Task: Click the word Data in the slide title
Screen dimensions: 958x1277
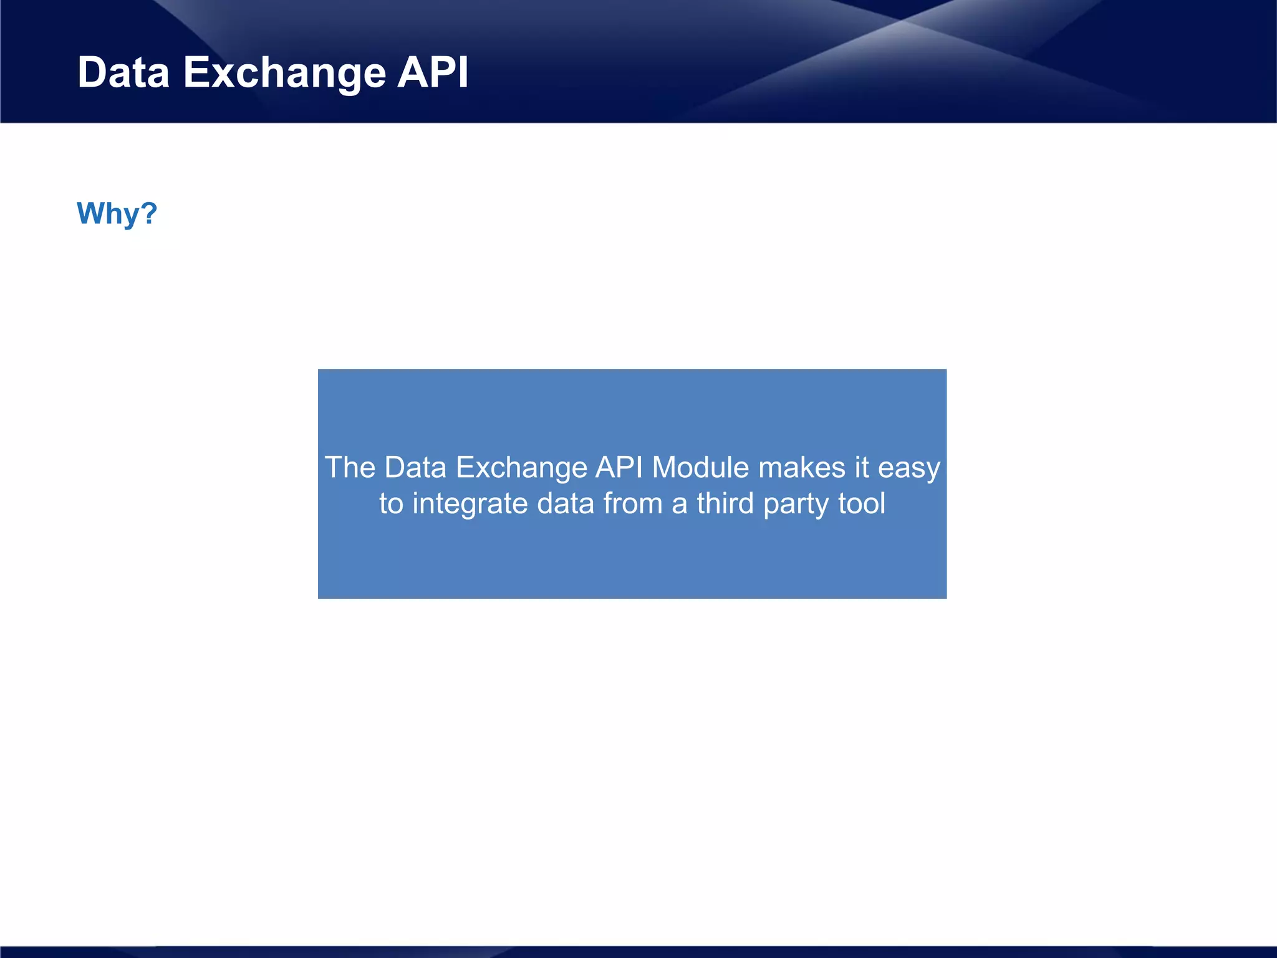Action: (123, 73)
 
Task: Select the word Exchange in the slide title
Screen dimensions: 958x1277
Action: (284, 73)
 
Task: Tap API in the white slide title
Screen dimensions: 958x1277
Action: (433, 73)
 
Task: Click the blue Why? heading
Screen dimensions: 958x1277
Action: (117, 214)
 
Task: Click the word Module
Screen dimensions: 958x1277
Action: (700, 467)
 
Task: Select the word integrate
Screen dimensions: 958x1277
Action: (470, 504)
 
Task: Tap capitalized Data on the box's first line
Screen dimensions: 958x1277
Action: (415, 467)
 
